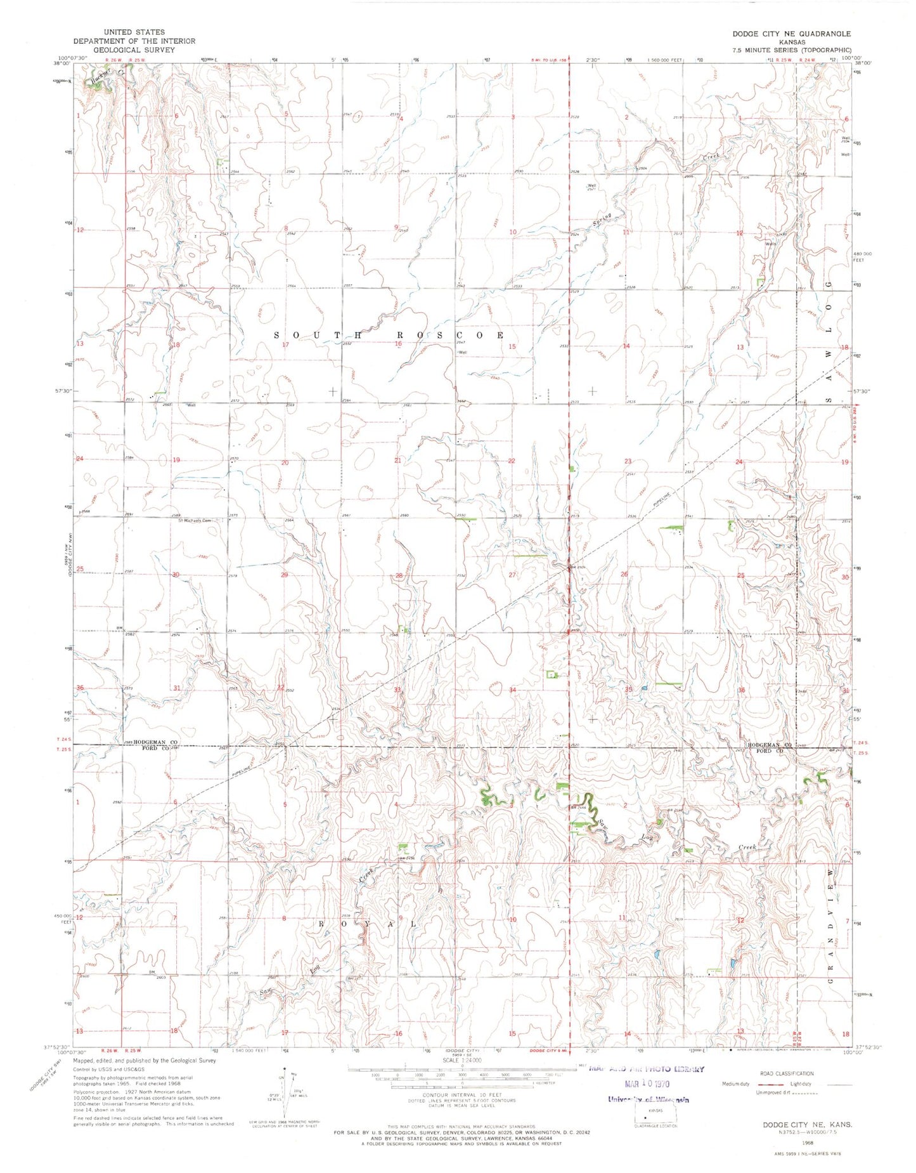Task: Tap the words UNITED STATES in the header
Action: pyautogui.click(x=134, y=32)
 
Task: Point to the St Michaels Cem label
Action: pyautogui.click(x=197, y=520)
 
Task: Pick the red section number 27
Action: pyautogui.click(x=512, y=575)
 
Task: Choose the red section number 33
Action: pyautogui.click(x=397, y=690)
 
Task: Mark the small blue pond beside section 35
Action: pyautogui.click(x=644, y=688)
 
